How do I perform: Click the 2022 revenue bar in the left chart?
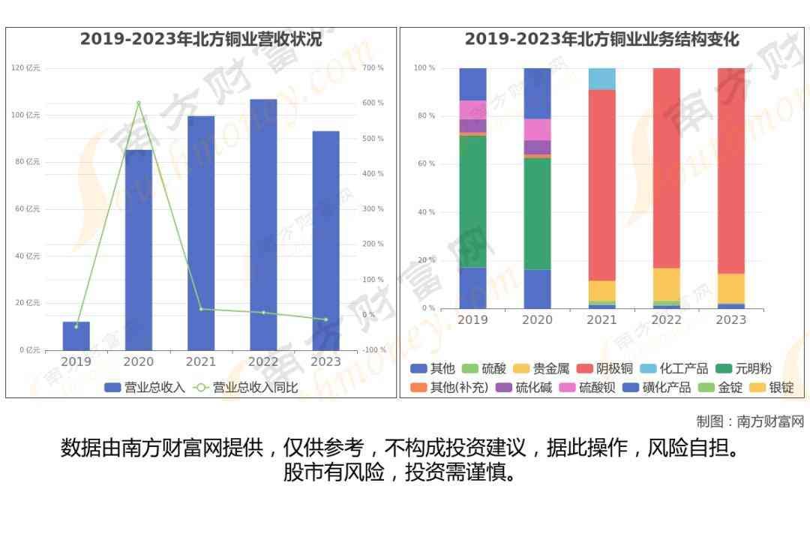(263, 225)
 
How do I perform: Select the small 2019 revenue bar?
(76, 336)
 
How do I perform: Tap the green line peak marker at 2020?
(139, 103)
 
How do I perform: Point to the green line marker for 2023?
(325, 319)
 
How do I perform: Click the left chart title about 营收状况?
(201, 39)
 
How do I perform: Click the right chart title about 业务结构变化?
(601, 39)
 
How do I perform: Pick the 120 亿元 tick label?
(26, 68)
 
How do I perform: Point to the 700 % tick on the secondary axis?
(373, 68)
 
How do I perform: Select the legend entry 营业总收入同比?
(247, 388)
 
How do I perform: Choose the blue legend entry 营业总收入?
(145, 388)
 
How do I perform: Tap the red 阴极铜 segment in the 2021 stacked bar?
(601, 184)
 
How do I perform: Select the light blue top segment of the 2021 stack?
(601, 79)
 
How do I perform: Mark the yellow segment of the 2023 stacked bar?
(731, 289)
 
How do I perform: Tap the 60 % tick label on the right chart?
(425, 164)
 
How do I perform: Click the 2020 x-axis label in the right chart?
(537, 320)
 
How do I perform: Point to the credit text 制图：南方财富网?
(750, 421)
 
